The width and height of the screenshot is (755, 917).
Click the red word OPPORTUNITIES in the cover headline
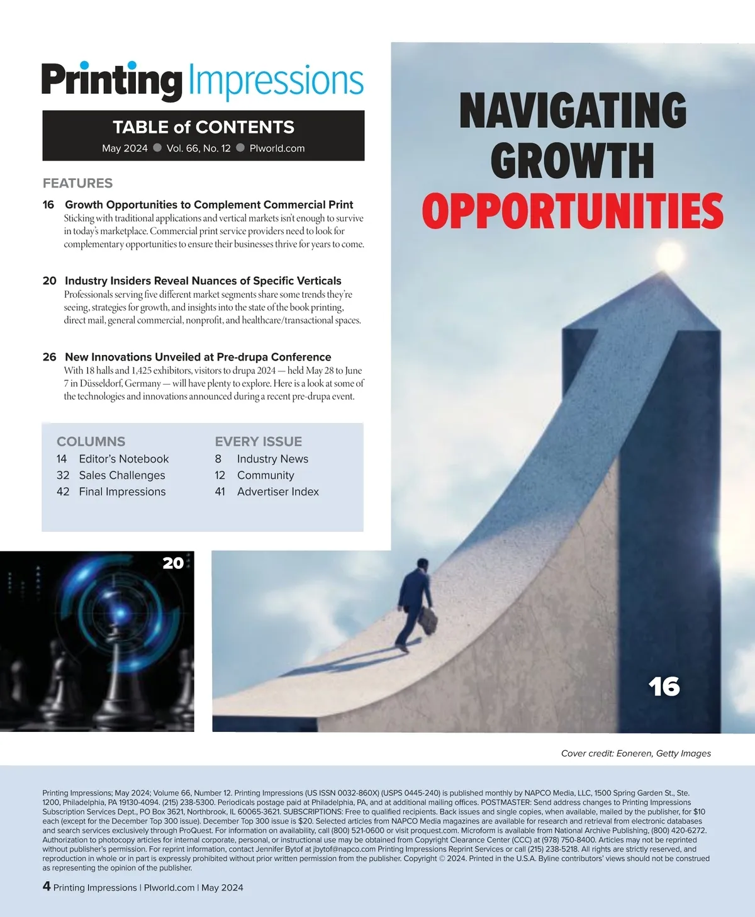pyautogui.click(x=573, y=210)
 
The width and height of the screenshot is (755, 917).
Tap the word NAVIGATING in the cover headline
pyautogui.click(x=573, y=111)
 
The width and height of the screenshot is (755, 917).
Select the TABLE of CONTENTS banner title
pyautogui.click(x=203, y=127)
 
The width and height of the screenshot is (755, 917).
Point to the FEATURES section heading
pyautogui.click(x=77, y=183)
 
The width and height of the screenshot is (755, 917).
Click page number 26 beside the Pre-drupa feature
pyautogui.click(x=50, y=357)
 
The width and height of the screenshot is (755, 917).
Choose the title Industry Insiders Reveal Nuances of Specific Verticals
pyautogui.click(x=203, y=281)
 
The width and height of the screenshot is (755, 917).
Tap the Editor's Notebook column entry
pyautogui.click(x=123, y=459)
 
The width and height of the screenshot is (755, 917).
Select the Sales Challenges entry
pyautogui.click(x=121, y=475)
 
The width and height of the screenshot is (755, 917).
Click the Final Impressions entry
pyautogui.click(x=122, y=492)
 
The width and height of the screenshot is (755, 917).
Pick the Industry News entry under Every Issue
pyautogui.click(x=272, y=459)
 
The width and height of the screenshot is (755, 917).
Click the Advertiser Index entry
pyautogui.click(x=277, y=492)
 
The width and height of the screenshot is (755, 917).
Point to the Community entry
pyautogui.click(x=266, y=475)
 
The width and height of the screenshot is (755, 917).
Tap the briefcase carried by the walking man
pyautogui.click(x=428, y=620)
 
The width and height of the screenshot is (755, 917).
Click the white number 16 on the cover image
pyautogui.click(x=664, y=687)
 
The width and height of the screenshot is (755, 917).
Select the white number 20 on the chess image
pyautogui.click(x=173, y=563)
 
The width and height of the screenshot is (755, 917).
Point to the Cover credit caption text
pyautogui.click(x=635, y=753)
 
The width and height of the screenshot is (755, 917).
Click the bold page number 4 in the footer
pyautogui.click(x=47, y=886)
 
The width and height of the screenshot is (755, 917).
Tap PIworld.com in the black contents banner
pyautogui.click(x=277, y=149)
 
